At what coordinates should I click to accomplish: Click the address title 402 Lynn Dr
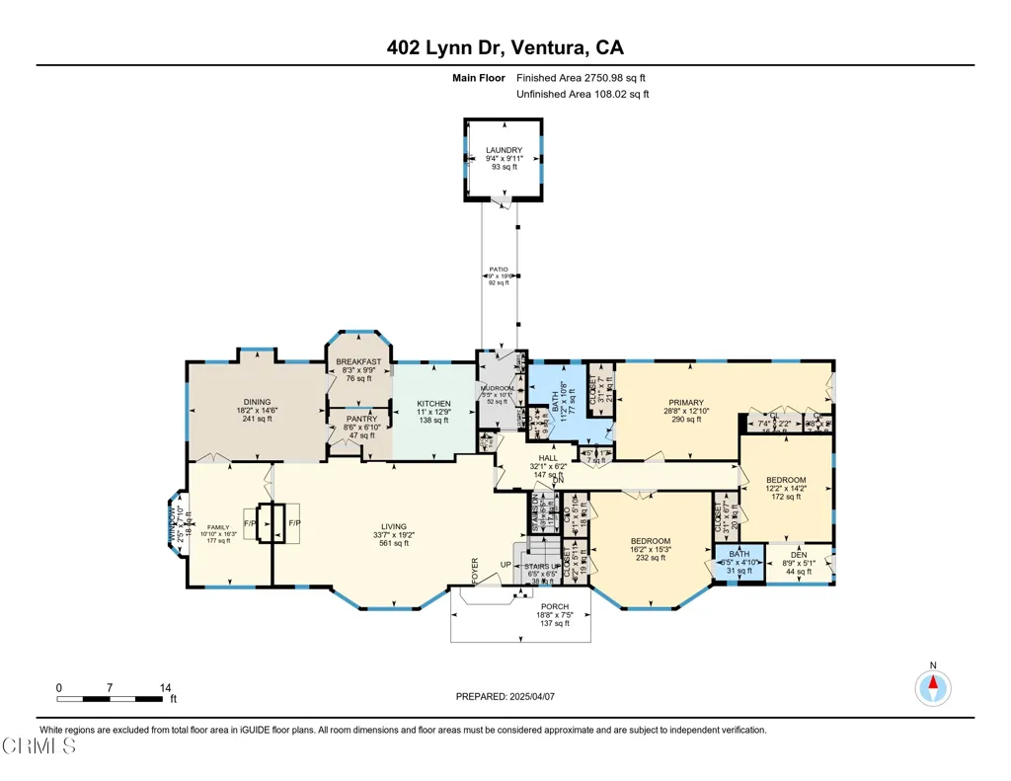(x=505, y=47)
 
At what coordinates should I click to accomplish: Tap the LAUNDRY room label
(x=504, y=151)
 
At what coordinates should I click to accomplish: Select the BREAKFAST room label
(x=357, y=362)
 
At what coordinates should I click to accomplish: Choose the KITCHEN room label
(x=433, y=404)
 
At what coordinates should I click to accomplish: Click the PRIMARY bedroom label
(x=685, y=403)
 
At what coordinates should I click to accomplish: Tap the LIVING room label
(x=394, y=527)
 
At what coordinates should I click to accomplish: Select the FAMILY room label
(x=217, y=526)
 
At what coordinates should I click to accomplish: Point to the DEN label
(x=796, y=557)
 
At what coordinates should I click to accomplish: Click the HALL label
(x=548, y=458)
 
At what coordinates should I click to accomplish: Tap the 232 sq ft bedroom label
(x=651, y=541)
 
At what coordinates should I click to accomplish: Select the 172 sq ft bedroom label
(x=786, y=481)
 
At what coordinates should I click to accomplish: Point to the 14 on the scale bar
(x=165, y=687)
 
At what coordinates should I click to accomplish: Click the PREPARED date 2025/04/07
(x=506, y=696)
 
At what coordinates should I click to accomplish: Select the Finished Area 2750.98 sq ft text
(x=582, y=77)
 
